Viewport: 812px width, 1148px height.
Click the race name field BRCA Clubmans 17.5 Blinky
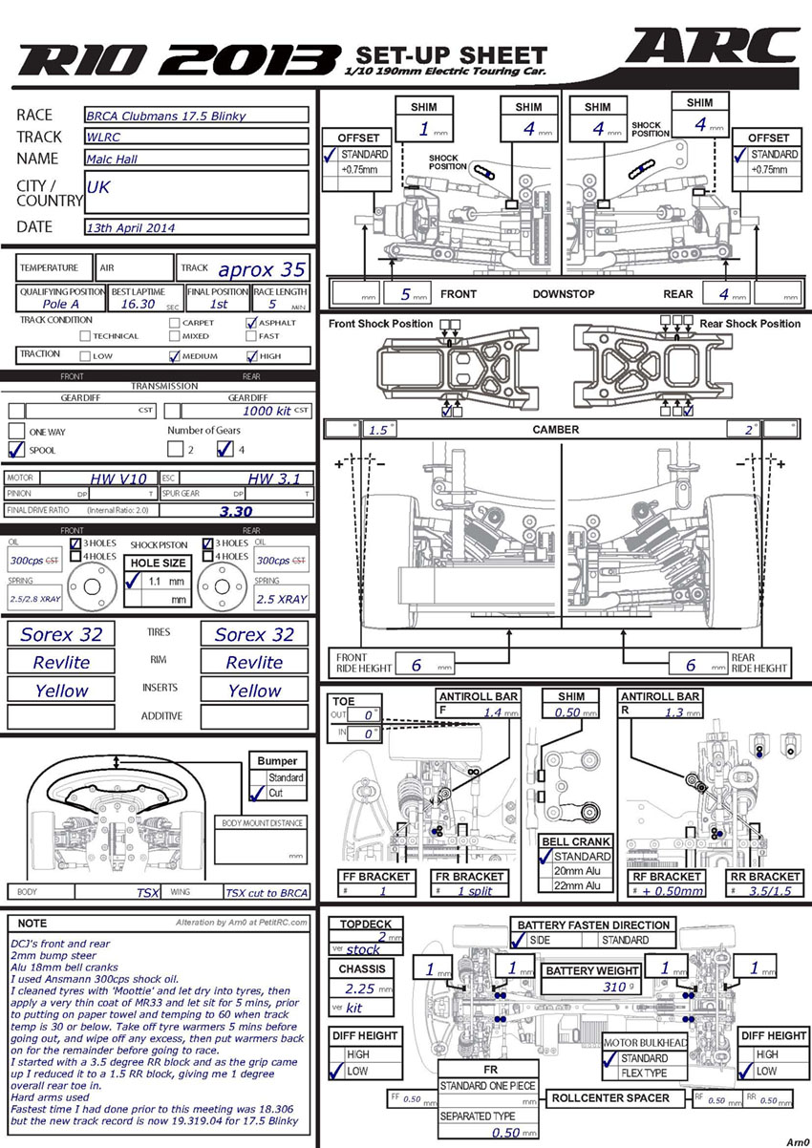[196, 116]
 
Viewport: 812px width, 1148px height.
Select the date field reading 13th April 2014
[196, 228]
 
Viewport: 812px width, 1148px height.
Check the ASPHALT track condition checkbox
[251, 323]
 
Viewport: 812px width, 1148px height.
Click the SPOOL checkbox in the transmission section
[16, 450]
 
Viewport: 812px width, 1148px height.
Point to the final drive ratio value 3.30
[236, 511]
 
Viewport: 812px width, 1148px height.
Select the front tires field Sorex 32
[61, 634]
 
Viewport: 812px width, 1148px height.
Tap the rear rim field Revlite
[254, 663]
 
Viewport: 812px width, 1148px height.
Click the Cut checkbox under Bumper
[254, 793]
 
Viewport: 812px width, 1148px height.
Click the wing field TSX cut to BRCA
[267, 893]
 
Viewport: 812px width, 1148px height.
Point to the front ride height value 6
[416, 665]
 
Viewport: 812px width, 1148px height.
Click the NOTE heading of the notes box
[32, 924]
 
